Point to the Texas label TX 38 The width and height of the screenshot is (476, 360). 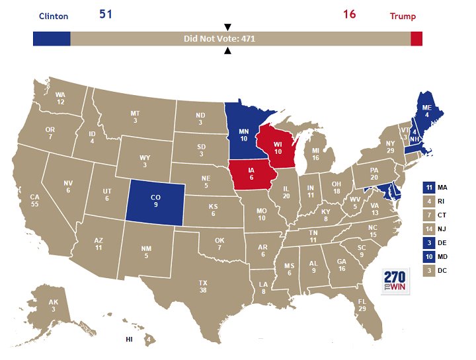203,286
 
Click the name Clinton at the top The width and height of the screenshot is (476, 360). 54,17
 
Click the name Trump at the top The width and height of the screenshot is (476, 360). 403,17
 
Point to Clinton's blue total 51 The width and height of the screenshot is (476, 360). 106,15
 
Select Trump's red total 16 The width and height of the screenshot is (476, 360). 350,15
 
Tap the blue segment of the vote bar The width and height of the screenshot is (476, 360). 52,39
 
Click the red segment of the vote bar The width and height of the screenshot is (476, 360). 416,39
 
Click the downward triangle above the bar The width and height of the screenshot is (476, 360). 227,27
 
